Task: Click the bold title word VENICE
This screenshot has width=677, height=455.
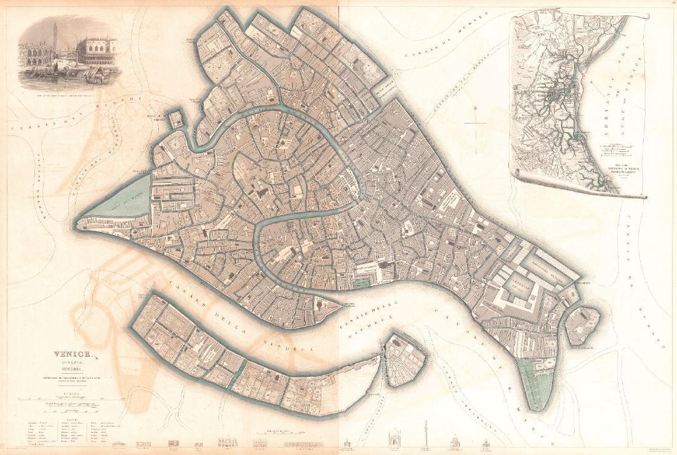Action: click(x=72, y=354)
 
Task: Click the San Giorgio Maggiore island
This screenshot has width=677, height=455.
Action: click(x=404, y=360)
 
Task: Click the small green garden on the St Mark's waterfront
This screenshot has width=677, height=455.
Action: click(x=363, y=283)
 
